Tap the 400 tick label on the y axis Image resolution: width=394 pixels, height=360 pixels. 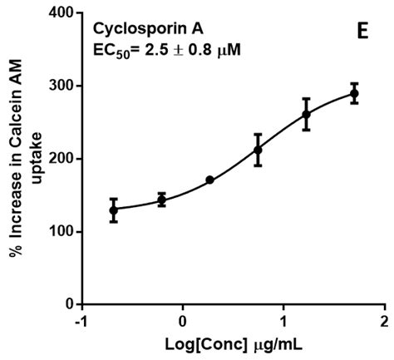coord(60,13)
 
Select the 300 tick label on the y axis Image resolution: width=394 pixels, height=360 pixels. coord(60,86)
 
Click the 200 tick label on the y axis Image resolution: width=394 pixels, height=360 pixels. coord(60,159)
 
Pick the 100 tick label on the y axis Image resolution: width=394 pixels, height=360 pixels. coord(60,231)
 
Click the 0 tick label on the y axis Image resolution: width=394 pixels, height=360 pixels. coord(68,304)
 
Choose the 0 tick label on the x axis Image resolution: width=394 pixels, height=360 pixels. coord(183,322)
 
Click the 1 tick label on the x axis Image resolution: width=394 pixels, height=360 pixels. coord(284,322)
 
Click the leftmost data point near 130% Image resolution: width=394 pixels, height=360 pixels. coord(113,210)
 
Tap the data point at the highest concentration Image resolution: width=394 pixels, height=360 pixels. coord(354,93)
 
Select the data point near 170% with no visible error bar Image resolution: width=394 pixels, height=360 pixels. coord(209,180)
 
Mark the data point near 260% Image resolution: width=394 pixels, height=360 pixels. coord(306,114)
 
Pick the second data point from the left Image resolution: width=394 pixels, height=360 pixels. coord(161,200)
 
